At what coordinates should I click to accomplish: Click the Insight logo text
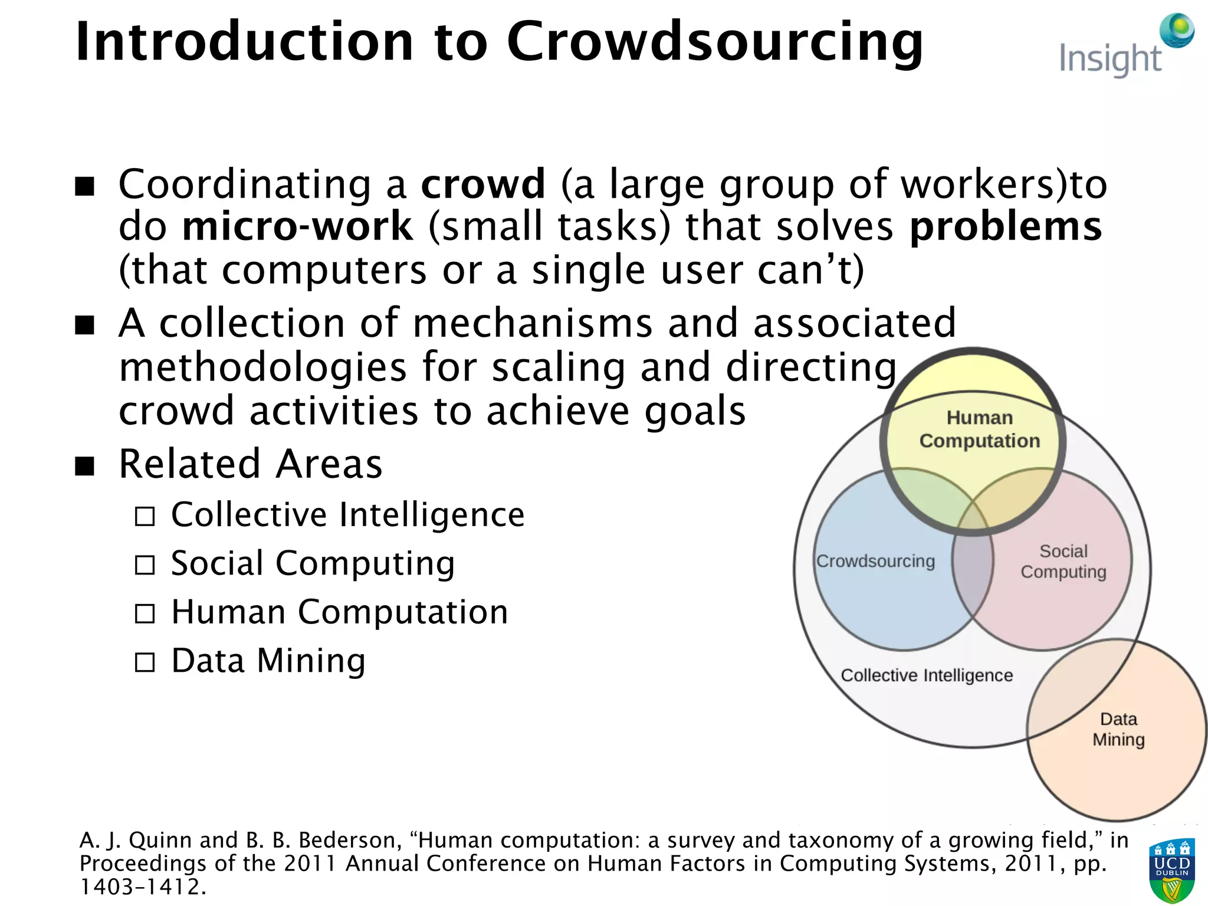pos(1110,59)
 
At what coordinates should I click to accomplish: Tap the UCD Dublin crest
pos(1171,871)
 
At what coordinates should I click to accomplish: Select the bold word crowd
pos(483,184)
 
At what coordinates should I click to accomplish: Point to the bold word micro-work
pos(298,226)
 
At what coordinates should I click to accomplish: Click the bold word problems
pos(1005,226)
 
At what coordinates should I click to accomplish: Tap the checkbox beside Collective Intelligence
pos(145,517)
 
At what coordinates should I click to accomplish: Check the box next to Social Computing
pos(145,565)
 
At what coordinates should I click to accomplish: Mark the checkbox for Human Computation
pos(145,614)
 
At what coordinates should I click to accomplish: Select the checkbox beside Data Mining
pos(145,662)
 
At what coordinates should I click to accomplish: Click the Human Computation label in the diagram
pos(979,429)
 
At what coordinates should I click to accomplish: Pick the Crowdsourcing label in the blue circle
pos(875,561)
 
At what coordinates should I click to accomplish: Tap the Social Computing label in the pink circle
pos(1063,562)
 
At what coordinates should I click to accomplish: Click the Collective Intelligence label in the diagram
pos(927,675)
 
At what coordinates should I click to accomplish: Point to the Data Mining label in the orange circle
pos(1118,729)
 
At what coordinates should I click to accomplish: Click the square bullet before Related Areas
pos(85,466)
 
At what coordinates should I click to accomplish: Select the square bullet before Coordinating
pos(85,187)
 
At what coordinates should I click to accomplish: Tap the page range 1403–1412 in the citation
pos(142,887)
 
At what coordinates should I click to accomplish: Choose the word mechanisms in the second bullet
pos(533,323)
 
